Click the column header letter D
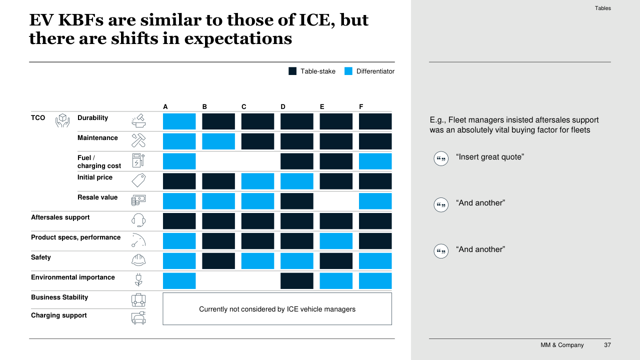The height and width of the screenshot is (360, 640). click(283, 107)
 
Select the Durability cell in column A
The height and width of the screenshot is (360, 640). click(179, 121)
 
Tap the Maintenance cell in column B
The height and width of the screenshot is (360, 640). click(218, 141)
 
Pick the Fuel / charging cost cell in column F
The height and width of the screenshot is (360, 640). click(375, 161)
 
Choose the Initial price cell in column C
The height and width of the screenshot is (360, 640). click(257, 181)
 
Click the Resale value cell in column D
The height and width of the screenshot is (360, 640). click(296, 201)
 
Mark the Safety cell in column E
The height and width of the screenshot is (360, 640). click(336, 261)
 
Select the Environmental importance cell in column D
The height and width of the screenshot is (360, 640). click(296, 281)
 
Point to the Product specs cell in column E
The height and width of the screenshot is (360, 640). click(336, 241)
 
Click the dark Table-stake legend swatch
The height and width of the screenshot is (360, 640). click(292, 71)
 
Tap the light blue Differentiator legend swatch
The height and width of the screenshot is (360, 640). click(348, 71)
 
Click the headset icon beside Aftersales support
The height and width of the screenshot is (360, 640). click(138, 220)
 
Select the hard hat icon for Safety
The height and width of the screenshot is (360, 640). click(138, 260)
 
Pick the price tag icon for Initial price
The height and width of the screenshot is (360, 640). click(138, 180)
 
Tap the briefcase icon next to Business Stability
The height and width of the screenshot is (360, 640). click(138, 300)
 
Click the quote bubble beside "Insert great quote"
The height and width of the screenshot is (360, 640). click(441, 158)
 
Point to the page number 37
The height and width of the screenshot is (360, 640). click(607, 345)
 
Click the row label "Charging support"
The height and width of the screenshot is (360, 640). click(59, 315)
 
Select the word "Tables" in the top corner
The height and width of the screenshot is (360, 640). click(603, 8)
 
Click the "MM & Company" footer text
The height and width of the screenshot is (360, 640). click(562, 345)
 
